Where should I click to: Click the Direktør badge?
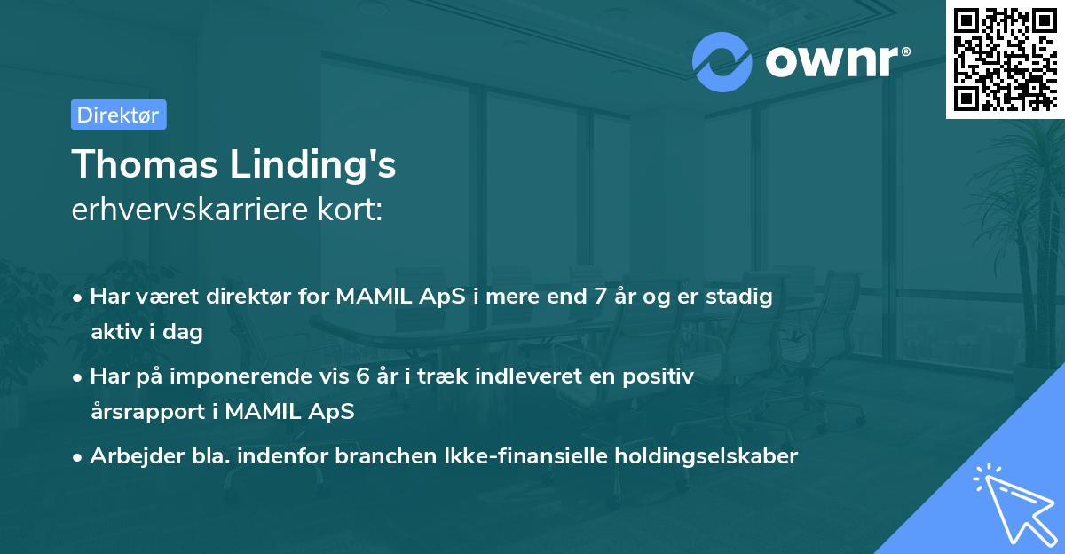[118, 115]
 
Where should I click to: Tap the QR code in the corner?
[1005, 59]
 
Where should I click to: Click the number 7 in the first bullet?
[599, 297]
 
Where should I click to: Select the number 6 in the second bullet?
[363, 376]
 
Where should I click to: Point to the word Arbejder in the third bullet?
[129, 456]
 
